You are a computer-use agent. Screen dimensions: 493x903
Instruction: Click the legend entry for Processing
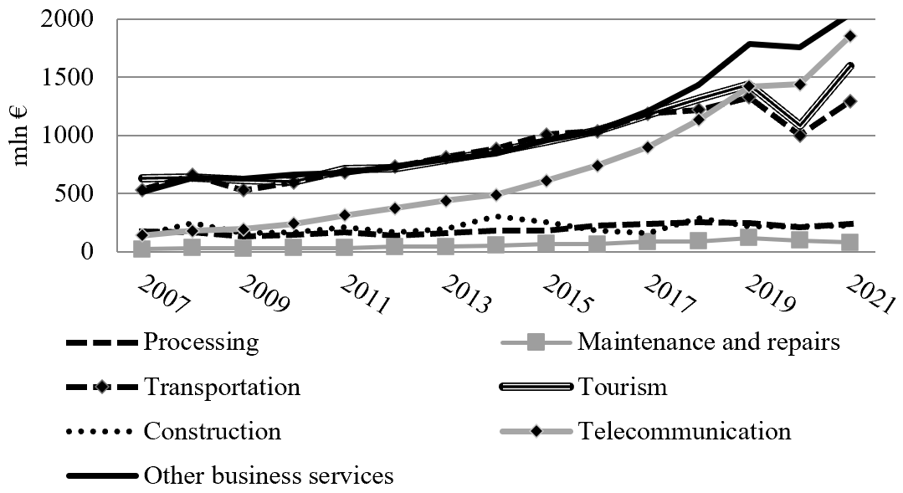click(x=201, y=342)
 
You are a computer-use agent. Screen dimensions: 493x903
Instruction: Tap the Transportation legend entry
click(x=222, y=387)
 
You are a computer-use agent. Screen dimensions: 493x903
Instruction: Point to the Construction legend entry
click(x=212, y=431)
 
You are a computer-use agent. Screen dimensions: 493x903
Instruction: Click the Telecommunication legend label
click(x=682, y=431)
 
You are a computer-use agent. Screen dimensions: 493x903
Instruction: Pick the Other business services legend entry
click(x=268, y=475)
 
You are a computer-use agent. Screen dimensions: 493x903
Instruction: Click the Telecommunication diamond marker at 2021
click(x=849, y=36)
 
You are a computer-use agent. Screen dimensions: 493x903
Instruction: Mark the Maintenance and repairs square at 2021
click(x=849, y=243)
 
